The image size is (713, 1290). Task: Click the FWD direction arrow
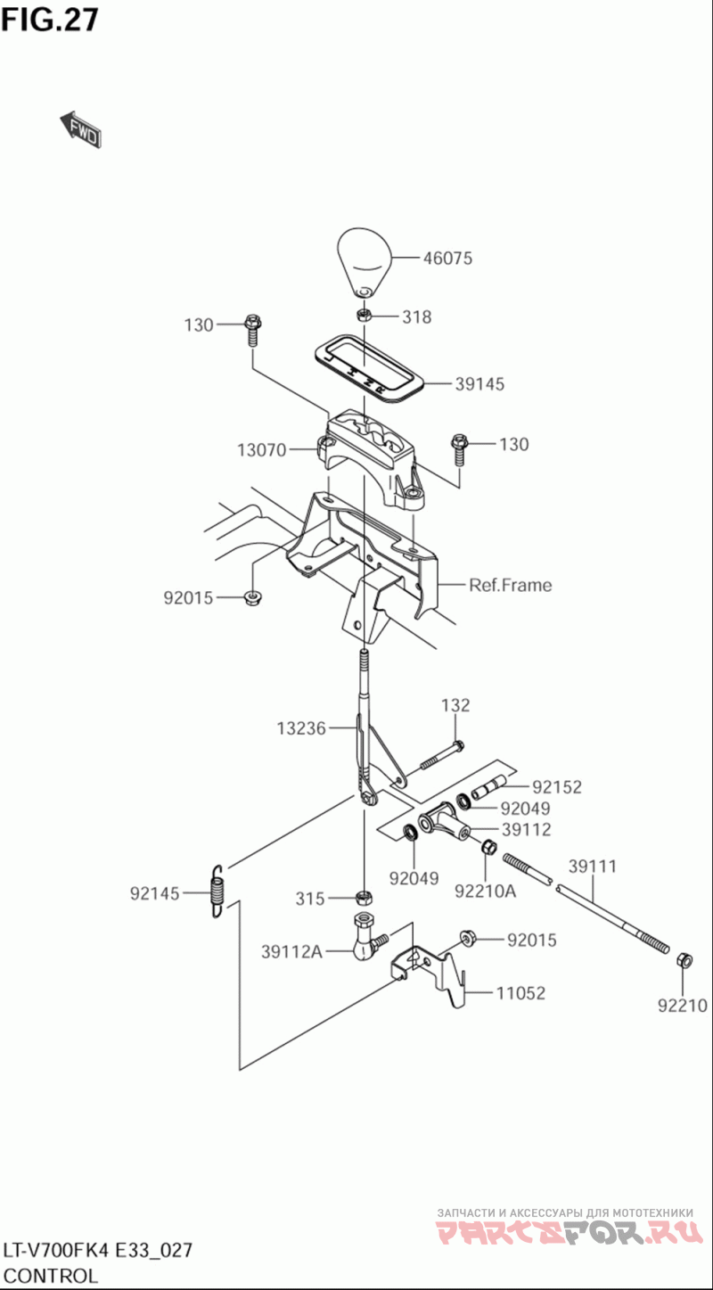coord(80,128)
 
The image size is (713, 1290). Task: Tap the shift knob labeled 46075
coord(364,263)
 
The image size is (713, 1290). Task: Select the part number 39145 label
coord(479,384)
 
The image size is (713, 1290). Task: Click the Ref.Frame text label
coord(511,585)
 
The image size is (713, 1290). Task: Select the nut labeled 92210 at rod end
coord(684,960)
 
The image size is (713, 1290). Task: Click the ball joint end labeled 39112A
coord(365,937)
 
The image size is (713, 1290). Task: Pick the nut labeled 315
coord(364,897)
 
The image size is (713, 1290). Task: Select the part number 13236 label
coord(301,728)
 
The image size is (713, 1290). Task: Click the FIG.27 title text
coord(50,20)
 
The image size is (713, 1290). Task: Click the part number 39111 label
coord(593,867)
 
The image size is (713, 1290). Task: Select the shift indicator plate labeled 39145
coord(369,366)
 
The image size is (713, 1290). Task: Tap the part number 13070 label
coord(261,450)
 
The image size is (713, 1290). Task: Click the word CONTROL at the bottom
coord(50,1276)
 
